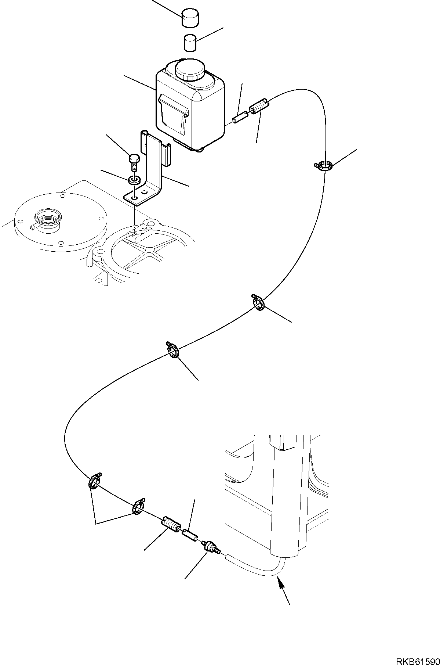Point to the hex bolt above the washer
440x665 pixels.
click(134, 161)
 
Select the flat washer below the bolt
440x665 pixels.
click(134, 180)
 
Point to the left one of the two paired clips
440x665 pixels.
click(95, 482)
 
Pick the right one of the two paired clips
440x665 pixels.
click(138, 507)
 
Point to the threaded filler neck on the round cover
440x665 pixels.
click(47, 223)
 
